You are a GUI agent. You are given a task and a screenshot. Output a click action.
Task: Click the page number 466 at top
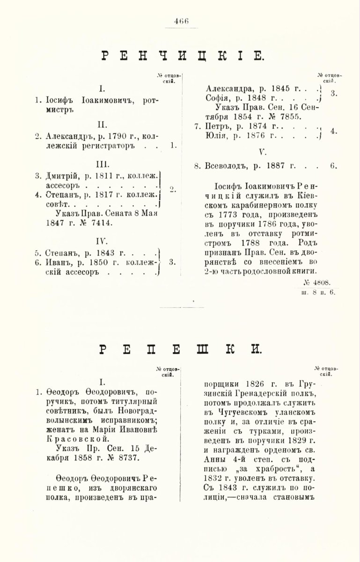tap(180, 21)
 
